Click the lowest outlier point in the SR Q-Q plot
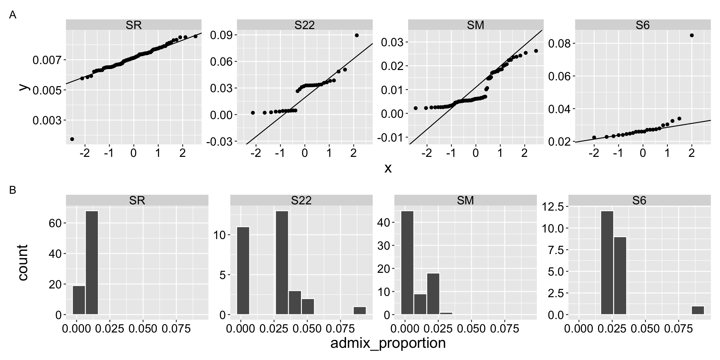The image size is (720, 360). [72, 139]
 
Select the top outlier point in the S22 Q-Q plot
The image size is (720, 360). [357, 35]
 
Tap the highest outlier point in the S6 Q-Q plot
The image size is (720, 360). [692, 35]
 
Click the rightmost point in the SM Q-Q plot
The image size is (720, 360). [536, 51]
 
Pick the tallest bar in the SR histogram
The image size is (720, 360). [92, 262]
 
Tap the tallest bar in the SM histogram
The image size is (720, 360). [407, 262]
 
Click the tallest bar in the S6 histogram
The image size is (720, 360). [607, 262]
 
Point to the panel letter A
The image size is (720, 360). [12, 15]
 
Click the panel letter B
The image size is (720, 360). [12, 190]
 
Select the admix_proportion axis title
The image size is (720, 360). [388, 343]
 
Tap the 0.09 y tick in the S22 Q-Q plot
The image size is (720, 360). [220, 35]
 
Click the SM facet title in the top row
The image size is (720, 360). [475, 25]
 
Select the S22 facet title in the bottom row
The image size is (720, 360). [301, 200]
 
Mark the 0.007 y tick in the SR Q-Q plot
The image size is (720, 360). [47, 60]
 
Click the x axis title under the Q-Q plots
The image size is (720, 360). [388, 168]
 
